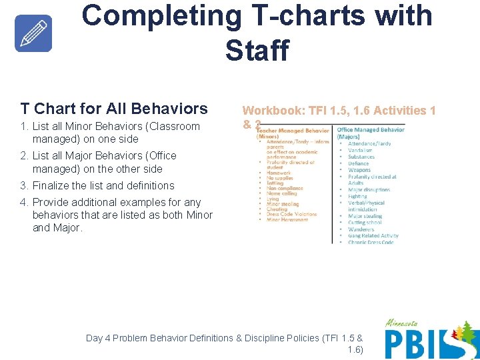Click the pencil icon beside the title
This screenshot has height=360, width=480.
(x=33, y=33)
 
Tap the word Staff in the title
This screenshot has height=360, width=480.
(x=257, y=50)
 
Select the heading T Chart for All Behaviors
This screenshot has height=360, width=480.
(x=114, y=108)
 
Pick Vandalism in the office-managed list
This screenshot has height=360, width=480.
(x=360, y=150)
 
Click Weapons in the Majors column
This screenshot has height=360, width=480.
(x=359, y=170)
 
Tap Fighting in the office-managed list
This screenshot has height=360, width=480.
(x=357, y=197)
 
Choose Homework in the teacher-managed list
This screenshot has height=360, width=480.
(x=279, y=173)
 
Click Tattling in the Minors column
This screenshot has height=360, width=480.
(x=275, y=183)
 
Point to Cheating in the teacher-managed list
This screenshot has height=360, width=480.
(x=277, y=209)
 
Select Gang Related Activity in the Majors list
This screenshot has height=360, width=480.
(x=373, y=235)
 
